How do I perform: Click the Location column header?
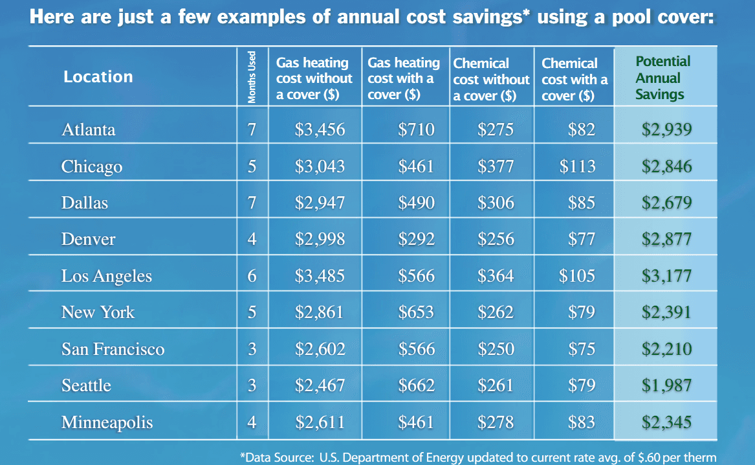(x=98, y=76)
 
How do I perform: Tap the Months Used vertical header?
(x=252, y=77)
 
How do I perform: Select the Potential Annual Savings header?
(x=662, y=78)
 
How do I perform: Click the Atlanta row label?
(x=89, y=130)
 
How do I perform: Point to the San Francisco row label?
(x=113, y=349)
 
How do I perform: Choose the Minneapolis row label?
(x=107, y=423)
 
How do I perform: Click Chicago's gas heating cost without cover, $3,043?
(x=320, y=166)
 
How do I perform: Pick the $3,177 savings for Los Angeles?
(x=666, y=276)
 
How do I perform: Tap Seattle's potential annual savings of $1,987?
(x=666, y=385)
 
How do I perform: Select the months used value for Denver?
(x=252, y=239)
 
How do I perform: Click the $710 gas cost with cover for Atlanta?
(x=416, y=130)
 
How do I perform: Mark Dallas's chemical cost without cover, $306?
(x=496, y=202)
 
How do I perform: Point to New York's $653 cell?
(x=416, y=312)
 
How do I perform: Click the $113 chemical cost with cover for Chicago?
(x=577, y=166)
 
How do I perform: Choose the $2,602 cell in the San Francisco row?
(x=320, y=349)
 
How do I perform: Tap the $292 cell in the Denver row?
(x=416, y=239)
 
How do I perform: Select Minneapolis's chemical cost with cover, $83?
(x=581, y=423)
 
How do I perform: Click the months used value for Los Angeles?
(x=252, y=276)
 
